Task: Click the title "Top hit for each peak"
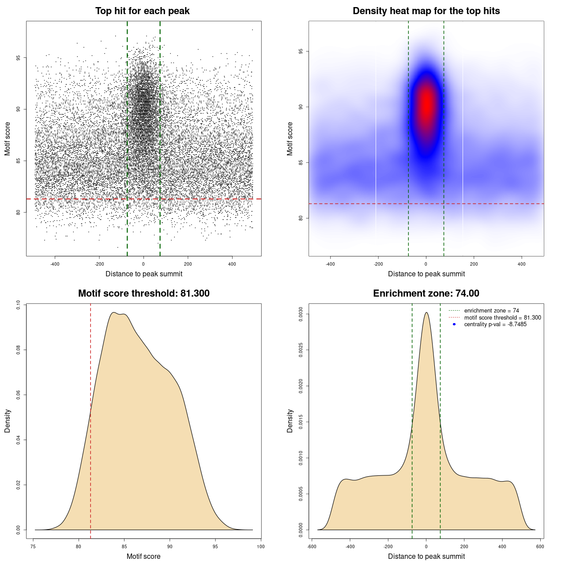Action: (143, 11)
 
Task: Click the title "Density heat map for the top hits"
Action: (426, 11)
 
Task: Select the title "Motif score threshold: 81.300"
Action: (143, 294)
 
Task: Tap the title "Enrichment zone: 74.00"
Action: (426, 294)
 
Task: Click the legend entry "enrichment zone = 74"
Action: (491, 311)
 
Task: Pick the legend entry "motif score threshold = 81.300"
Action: (502, 317)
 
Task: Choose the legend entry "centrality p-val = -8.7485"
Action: (495, 324)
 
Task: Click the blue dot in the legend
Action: (454, 324)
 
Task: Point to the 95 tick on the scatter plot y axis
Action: (18, 58)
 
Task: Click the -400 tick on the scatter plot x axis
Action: (55, 264)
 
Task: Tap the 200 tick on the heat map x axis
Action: (474, 264)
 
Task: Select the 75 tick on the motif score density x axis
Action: (34, 546)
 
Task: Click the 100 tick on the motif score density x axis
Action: (261, 546)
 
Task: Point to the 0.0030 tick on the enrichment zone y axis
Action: (301, 314)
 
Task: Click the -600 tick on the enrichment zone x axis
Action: (312, 546)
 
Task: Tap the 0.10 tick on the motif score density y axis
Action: (18, 305)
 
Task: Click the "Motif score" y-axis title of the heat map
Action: (290, 139)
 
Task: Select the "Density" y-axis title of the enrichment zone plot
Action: (290, 421)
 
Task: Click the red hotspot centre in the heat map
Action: (426, 105)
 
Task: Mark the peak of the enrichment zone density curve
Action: (426, 313)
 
